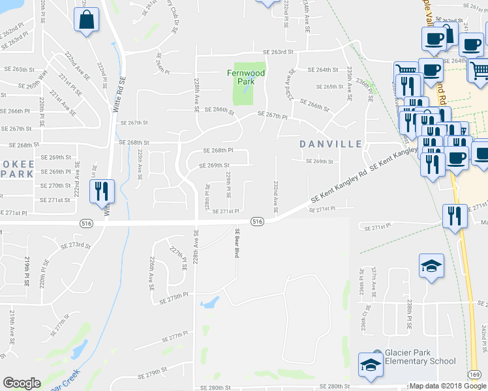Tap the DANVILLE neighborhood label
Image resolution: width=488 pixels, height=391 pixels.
331,143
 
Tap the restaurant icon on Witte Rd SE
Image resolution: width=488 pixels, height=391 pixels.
101,192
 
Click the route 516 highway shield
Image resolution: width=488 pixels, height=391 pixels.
257,222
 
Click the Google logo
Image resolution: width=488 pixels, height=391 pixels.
22,383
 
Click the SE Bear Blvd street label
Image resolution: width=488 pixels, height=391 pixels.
237,244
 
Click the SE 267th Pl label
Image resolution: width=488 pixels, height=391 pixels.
273,115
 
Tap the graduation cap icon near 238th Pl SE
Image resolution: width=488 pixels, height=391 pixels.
431,267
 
